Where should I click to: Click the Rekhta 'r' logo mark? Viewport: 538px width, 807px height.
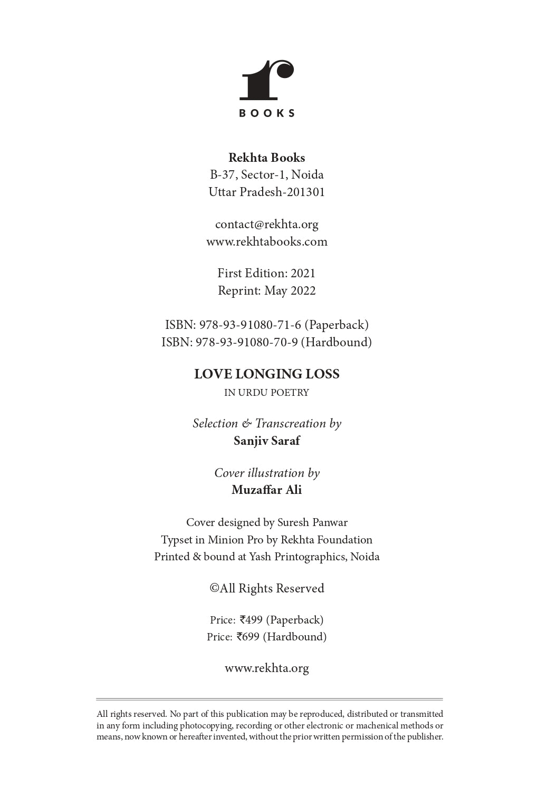coord(266,80)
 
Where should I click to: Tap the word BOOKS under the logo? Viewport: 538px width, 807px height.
coord(267,113)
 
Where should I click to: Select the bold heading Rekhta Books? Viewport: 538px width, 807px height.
coord(266,158)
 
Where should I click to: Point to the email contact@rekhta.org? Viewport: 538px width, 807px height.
coord(266,225)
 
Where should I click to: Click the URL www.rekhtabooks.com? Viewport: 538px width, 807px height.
coord(266,242)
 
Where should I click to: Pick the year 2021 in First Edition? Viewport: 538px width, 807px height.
coord(303,274)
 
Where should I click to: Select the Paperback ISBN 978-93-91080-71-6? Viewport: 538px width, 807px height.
coord(250,325)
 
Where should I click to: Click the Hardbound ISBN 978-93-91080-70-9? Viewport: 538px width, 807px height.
coord(247,343)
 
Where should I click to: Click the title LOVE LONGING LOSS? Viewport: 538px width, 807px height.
coord(266,374)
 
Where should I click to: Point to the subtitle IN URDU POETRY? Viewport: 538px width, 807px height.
coord(266,393)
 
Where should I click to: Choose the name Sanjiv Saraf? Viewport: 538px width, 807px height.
coord(266,441)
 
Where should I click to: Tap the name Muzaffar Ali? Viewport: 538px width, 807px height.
coord(266,490)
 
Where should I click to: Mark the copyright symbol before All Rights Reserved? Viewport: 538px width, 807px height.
coord(214,588)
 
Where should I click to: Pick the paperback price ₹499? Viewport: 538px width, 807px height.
coord(251,620)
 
